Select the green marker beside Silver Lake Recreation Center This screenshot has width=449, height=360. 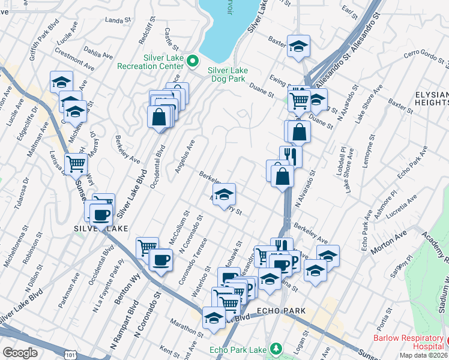pos(193,61)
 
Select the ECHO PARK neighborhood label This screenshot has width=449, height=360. pos(282,311)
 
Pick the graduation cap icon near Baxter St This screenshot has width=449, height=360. pos(298,46)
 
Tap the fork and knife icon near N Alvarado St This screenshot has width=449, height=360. pos(291,156)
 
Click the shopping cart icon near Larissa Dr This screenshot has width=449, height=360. pos(76,163)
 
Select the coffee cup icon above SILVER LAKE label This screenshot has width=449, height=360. pos(101,214)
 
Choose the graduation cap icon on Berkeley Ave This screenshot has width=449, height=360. pos(224,193)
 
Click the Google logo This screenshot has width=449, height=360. pos(20,353)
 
